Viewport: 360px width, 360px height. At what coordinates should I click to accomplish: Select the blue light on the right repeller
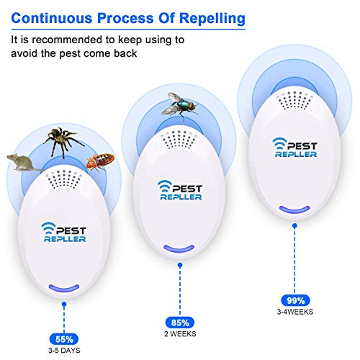coord(292,212)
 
